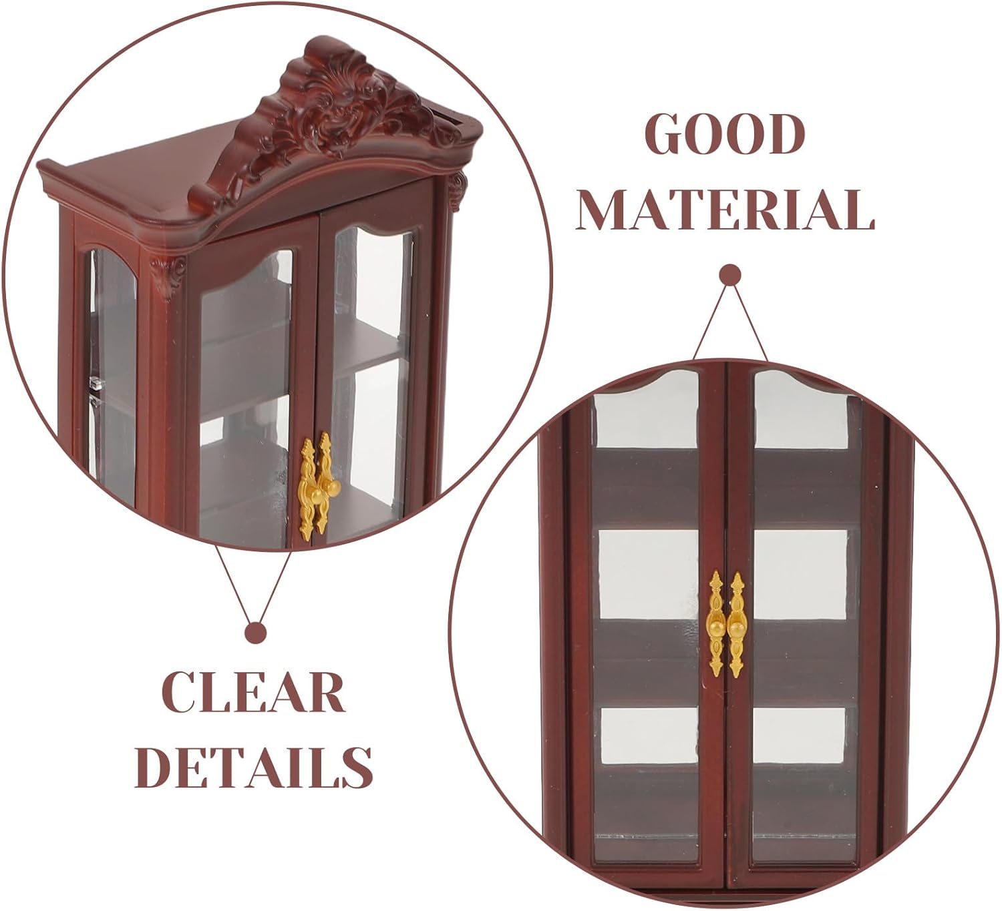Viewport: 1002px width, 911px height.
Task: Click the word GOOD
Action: [x=726, y=135]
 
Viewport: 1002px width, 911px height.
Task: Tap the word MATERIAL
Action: [x=725, y=210]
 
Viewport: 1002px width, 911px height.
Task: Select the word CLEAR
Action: [x=254, y=693]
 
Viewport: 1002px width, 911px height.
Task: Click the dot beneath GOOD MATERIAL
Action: [x=729, y=275]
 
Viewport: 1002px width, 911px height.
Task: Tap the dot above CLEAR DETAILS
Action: [x=255, y=632]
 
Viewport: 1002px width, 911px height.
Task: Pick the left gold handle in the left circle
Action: [x=307, y=487]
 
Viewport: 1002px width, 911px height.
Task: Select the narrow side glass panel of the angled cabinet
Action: [x=112, y=374]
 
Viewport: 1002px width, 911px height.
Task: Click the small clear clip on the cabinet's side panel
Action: [x=98, y=384]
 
